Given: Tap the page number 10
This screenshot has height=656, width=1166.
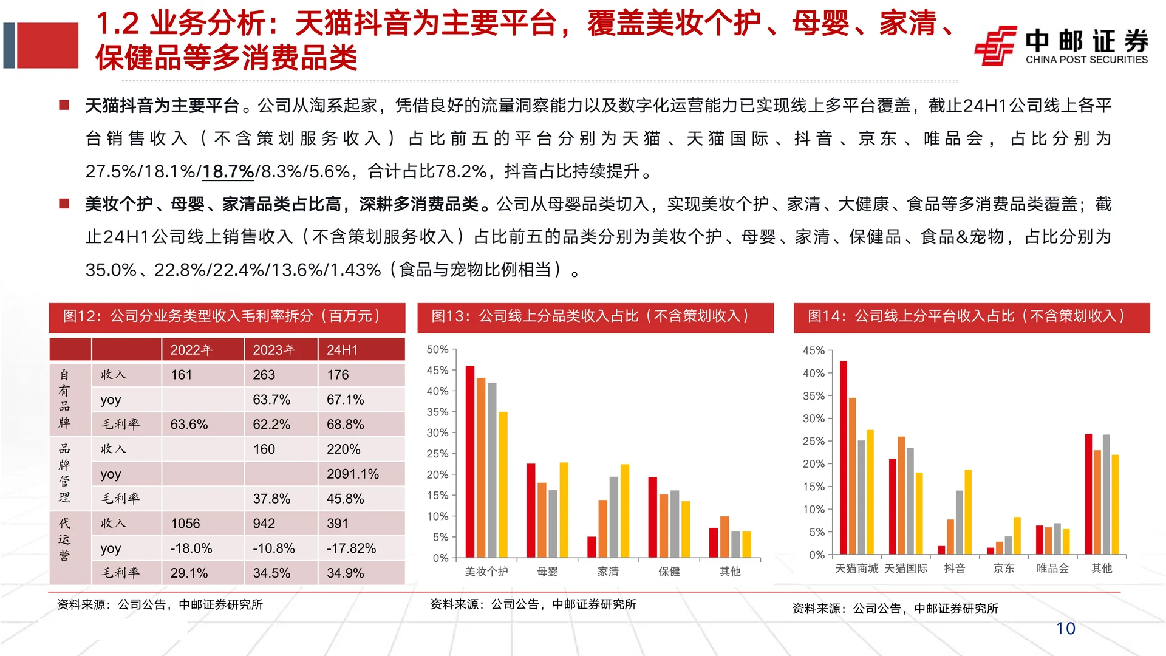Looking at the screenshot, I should tap(1065, 629).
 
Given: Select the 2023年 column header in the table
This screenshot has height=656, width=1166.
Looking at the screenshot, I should tap(274, 350).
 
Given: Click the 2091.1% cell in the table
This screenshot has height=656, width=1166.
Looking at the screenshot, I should tap(353, 474).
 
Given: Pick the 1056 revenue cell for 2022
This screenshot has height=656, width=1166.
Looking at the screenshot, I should tap(185, 524).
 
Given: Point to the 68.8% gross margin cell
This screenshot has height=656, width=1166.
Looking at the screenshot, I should tap(346, 425).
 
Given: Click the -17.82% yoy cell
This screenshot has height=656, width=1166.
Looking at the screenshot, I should tap(352, 548).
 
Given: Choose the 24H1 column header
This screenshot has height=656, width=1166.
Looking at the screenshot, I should tap(343, 350).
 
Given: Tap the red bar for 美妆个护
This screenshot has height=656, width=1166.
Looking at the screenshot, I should tap(470, 462).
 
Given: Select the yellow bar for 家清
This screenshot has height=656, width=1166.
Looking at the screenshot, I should tap(625, 511).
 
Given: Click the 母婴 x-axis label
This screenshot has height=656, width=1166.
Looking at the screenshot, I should tap(547, 572).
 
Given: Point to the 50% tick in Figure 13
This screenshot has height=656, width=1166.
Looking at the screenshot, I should tap(437, 349).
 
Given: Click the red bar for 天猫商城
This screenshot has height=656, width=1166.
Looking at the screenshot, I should tap(844, 457).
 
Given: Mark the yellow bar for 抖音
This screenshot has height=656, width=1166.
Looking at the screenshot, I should tap(968, 512).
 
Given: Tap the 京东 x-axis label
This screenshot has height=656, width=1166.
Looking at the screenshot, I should tap(1003, 569).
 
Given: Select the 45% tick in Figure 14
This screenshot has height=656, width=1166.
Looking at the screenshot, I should tap(814, 350).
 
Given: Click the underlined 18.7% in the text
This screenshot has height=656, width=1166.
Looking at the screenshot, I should tap(228, 172).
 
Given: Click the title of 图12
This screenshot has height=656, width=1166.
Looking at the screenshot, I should tap(222, 316).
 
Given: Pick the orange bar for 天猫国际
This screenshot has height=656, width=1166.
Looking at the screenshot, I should tap(901, 495).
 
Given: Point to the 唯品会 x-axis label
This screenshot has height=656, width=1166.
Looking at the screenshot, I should tap(1052, 569).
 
